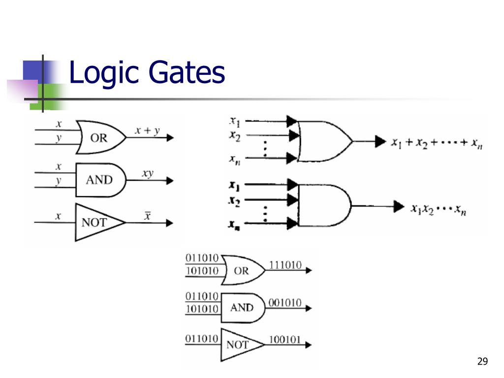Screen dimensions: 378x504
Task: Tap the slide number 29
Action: pyautogui.click(x=482, y=362)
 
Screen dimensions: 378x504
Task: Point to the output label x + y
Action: pyautogui.click(x=147, y=131)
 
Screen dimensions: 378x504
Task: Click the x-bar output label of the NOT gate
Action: pyautogui.click(x=147, y=216)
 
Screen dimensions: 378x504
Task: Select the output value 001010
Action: pyautogui.click(x=285, y=303)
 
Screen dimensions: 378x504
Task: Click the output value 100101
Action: pyautogui.click(x=285, y=339)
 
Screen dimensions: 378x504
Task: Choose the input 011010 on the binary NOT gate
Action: pyautogui.click(x=202, y=339)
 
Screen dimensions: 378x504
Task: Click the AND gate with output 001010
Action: pyautogui.click(x=241, y=308)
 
